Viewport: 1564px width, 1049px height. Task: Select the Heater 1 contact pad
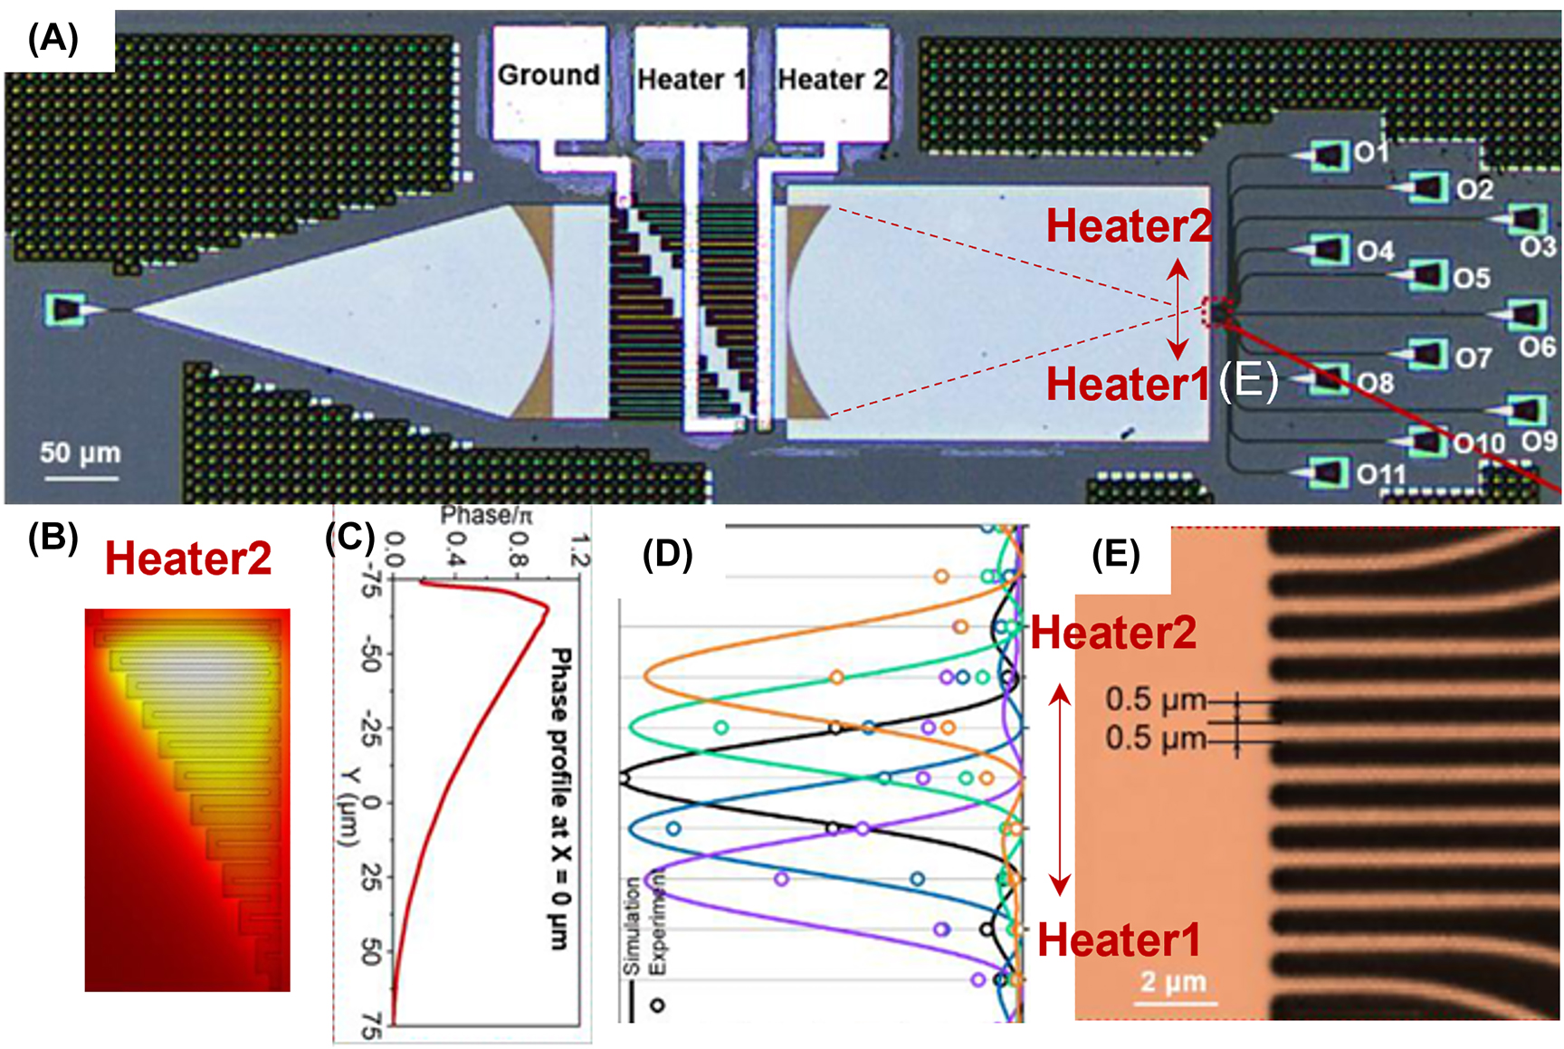[x=691, y=81]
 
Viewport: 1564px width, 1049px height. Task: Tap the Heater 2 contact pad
[x=832, y=81]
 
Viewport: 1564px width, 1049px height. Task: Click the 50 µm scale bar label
[x=80, y=453]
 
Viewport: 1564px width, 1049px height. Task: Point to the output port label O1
[x=1370, y=152]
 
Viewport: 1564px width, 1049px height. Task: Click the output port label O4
[x=1375, y=251]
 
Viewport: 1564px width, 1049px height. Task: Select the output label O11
[x=1381, y=473]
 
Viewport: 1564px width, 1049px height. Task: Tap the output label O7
[x=1473, y=358]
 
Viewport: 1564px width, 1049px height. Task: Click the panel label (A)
[x=53, y=39]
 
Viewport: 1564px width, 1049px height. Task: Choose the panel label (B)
[x=52, y=538]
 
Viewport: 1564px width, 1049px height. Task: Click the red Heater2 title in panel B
[x=188, y=558]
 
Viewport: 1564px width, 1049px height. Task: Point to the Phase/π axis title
[x=486, y=516]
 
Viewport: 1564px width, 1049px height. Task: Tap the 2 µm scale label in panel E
[x=1173, y=982]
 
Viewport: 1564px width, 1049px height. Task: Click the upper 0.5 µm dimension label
[x=1155, y=700]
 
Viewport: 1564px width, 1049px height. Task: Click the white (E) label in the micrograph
[x=1248, y=381]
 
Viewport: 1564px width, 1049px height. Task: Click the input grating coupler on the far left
[x=66, y=310]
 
